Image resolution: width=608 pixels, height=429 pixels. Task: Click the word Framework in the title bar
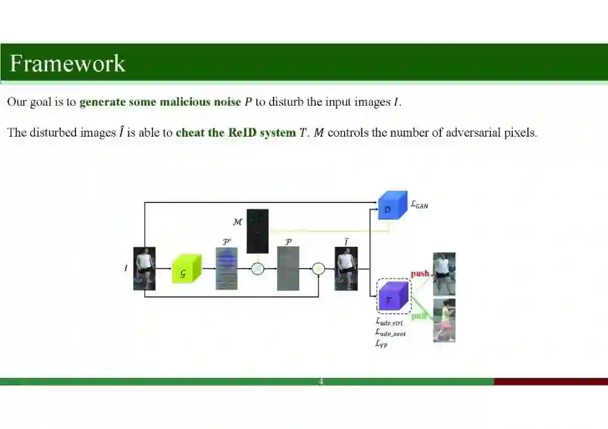pyautogui.click(x=68, y=63)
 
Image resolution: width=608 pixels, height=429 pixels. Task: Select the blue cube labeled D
pyautogui.click(x=392, y=206)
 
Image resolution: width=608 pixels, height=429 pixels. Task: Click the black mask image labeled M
pyautogui.click(x=257, y=231)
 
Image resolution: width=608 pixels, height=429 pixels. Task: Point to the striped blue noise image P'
pyautogui.click(x=226, y=269)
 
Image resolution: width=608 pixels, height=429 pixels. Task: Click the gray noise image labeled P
pyautogui.click(x=288, y=268)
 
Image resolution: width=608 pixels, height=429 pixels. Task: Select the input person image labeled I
pyautogui.click(x=144, y=268)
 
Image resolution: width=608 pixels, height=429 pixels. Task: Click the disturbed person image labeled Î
pyautogui.click(x=346, y=269)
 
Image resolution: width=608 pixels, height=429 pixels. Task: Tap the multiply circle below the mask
pyautogui.click(x=257, y=269)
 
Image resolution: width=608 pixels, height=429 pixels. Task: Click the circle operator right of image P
pyautogui.click(x=319, y=269)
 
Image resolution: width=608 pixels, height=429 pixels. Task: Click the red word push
pyautogui.click(x=420, y=274)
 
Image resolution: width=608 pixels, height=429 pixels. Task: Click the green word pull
pyautogui.click(x=419, y=317)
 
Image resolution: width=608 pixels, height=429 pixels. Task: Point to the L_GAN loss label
pyautogui.click(x=419, y=205)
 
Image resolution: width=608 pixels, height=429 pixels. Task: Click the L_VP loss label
pyautogui.click(x=381, y=344)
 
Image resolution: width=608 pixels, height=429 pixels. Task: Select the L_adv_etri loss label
pyautogui.click(x=389, y=322)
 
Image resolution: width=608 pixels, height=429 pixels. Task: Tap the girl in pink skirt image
pyautogui.click(x=444, y=320)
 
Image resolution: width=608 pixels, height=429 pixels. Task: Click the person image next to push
pyautogui.click(x=444, y=274)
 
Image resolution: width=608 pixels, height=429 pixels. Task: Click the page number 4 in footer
pyautogui.click(x=321, y=382)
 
